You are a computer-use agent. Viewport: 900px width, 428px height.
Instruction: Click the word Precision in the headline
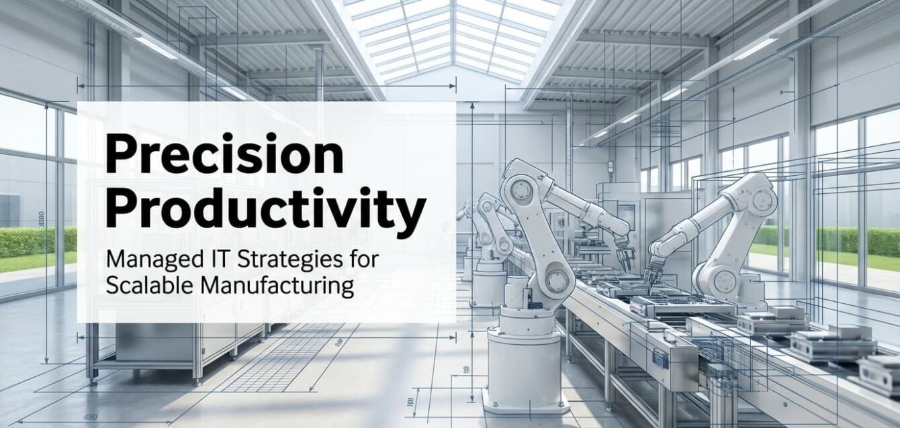tap(224, 153)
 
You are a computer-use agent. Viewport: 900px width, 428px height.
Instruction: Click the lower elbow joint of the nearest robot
tap(557, 279)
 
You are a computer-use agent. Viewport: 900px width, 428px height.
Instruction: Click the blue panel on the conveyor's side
tap(660, 359)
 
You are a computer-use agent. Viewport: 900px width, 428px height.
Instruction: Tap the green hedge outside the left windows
tap(38, 243)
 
